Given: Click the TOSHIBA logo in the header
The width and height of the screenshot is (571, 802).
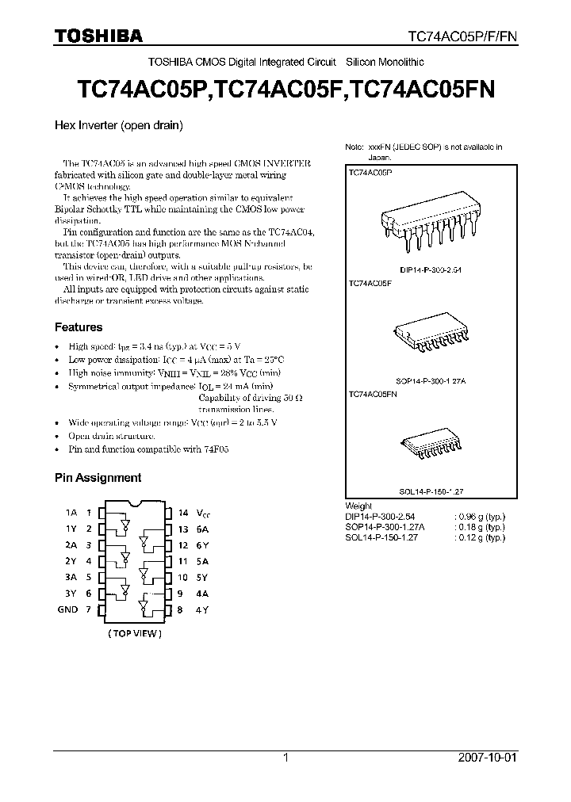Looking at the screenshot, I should click(98, 36).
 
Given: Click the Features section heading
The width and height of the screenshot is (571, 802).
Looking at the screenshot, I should click(78, 327).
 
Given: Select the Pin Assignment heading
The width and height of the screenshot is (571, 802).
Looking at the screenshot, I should click(98, 478).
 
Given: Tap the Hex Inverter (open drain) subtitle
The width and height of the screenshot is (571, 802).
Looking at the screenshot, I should click(119, 125).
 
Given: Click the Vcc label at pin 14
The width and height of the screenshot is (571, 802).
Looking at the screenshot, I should click(204, 513).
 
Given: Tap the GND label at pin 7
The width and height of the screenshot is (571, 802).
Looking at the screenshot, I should click(67, 609).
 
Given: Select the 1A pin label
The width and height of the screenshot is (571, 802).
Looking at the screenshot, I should click(71, 513).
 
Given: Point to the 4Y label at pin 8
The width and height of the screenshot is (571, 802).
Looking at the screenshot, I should click(203, 609).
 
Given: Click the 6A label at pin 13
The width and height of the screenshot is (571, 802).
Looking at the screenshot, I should click(203, 529).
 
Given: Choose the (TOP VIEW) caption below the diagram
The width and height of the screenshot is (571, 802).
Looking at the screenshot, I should click(135, 634).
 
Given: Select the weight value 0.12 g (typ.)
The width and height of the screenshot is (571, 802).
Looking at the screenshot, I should click(482, 537).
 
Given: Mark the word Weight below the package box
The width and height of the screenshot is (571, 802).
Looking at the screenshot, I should click(359, 506).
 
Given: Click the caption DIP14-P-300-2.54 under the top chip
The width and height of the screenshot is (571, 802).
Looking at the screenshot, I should click(430, 270).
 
